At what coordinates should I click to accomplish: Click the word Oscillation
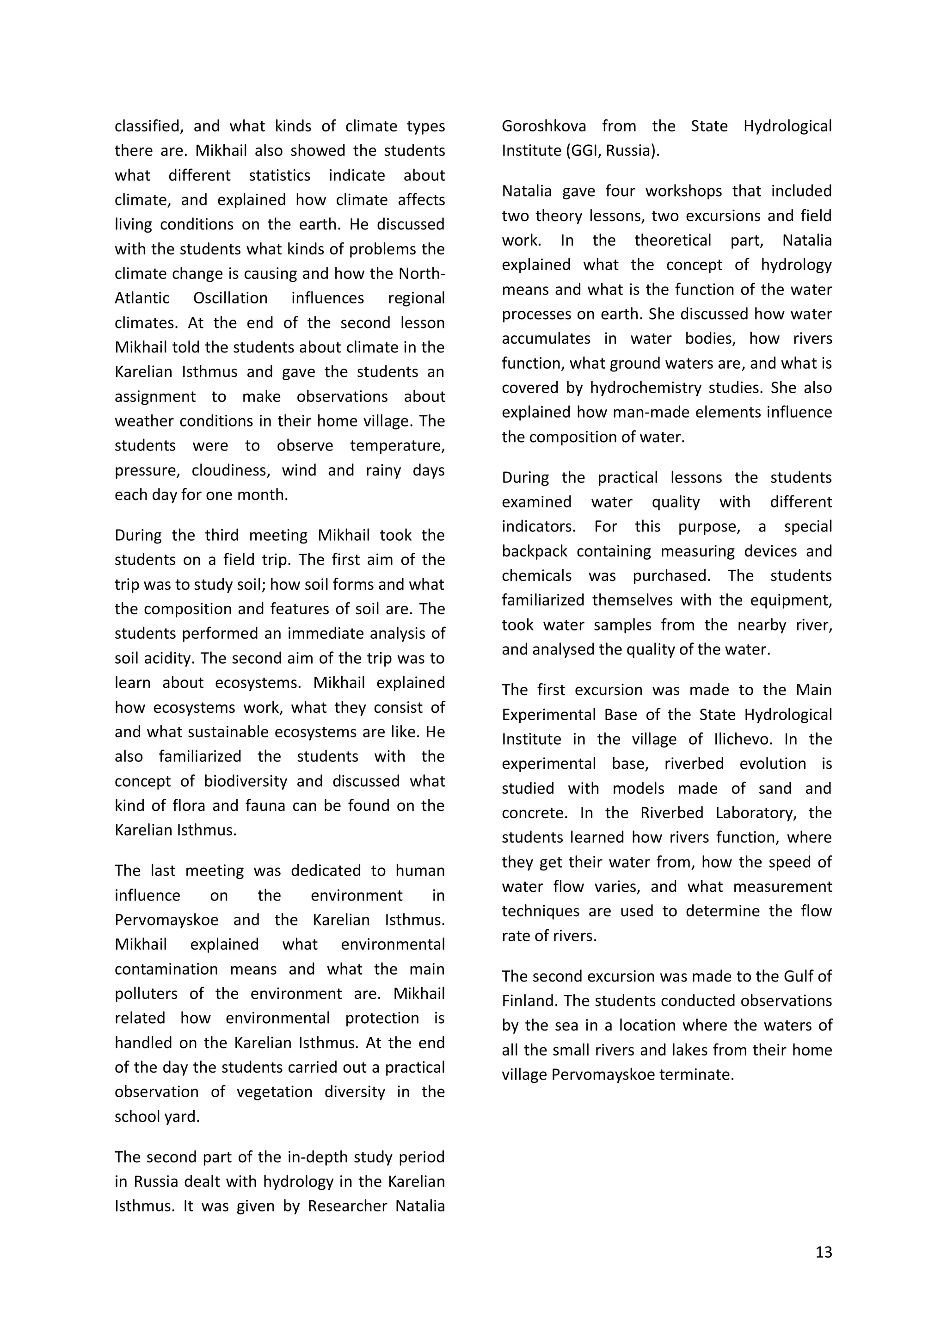(x=230, y=298)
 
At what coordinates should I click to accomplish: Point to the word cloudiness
(x=229, y=470)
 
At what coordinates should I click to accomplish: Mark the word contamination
(x=166, y=969)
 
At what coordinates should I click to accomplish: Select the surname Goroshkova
(x=544, y=127)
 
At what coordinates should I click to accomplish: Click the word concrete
(x=535, y=813)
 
